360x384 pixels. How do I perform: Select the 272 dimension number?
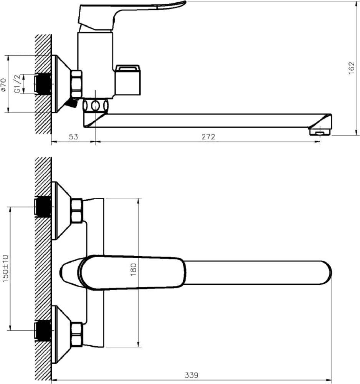[x=208, y=137]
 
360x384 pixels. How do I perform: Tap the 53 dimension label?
[x=73, y=137]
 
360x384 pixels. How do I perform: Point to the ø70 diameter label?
[x=3, y=85]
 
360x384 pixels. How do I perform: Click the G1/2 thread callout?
[x=17, y=84]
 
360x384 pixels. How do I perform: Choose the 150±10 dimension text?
[x=5, y=268]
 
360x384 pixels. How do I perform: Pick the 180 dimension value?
[x=134, y=270]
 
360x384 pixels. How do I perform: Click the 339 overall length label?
[x=191, y=375]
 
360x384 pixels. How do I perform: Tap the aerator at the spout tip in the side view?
[x=320, y=132]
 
